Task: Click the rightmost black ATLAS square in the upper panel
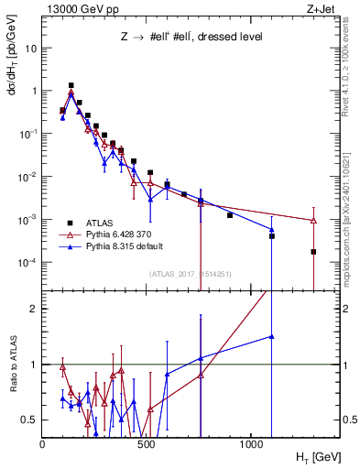tap(313, 252)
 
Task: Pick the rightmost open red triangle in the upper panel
tap(313, 221)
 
